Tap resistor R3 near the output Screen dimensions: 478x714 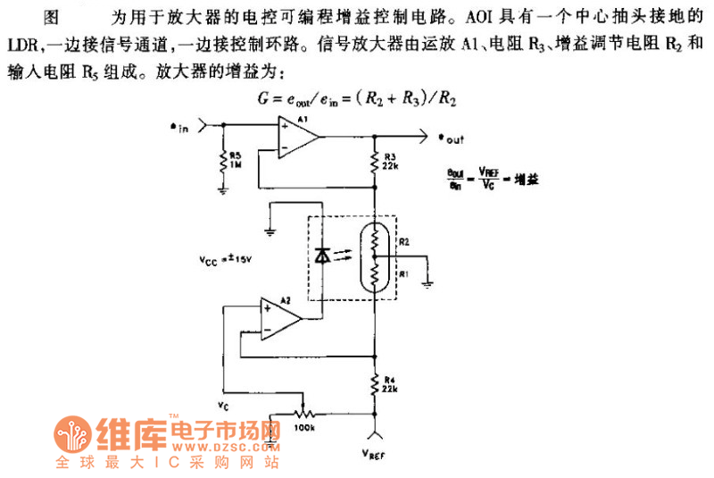click(x=376, y=164)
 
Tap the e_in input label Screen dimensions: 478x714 click(x=179, y=128)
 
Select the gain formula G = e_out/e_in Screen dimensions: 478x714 click(x=356, y=101)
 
